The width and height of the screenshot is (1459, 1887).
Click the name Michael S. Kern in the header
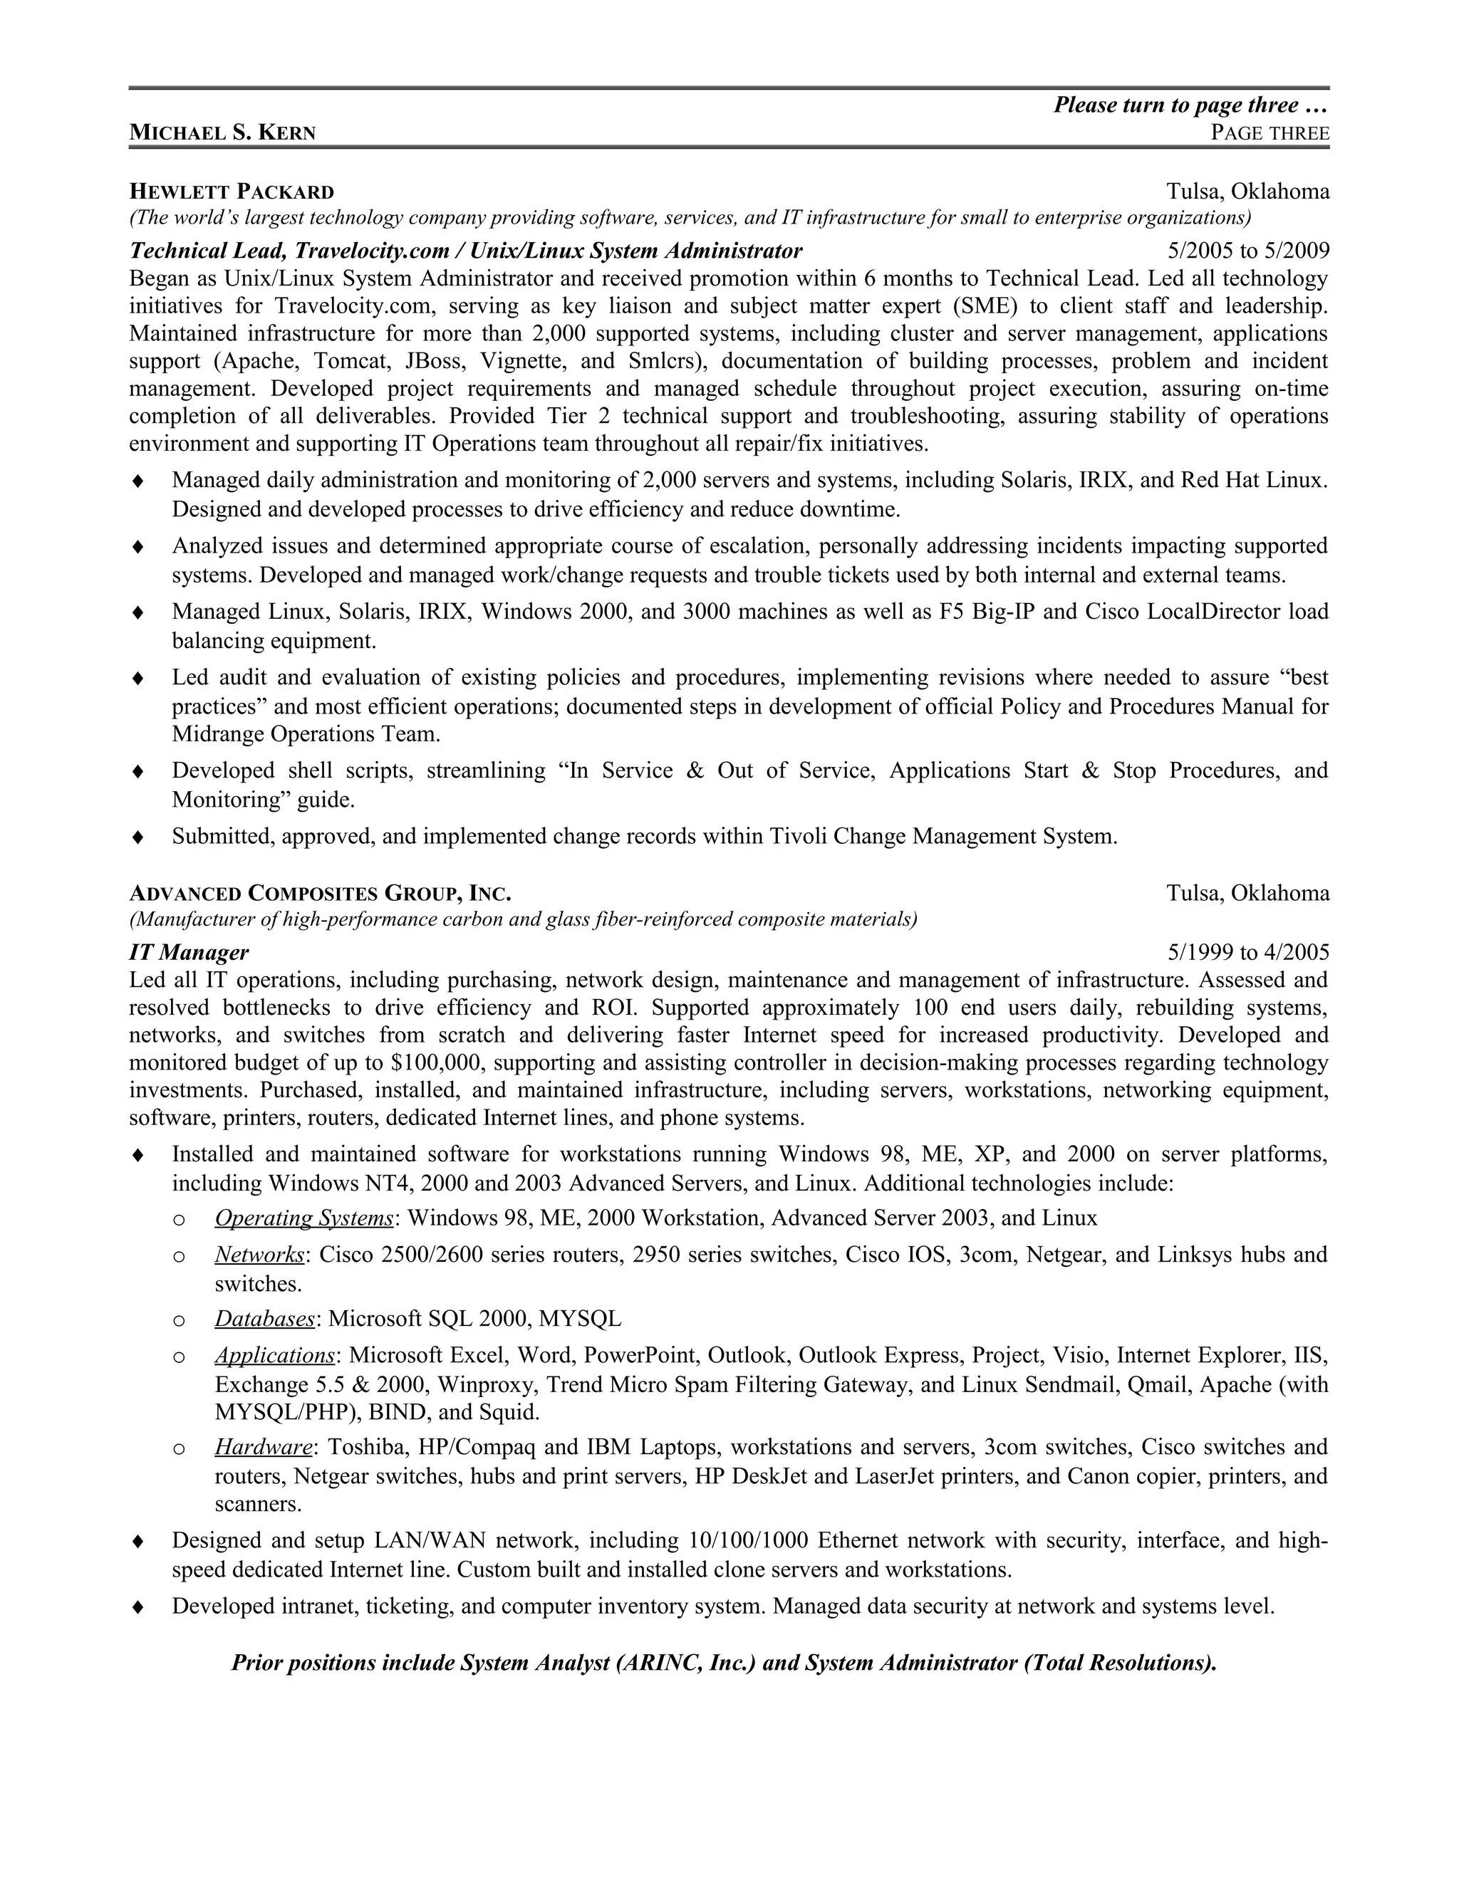pos(222,132)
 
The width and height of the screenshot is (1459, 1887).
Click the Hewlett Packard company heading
pos(232,191)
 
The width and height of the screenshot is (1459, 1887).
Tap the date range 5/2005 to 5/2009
pos(1248,251)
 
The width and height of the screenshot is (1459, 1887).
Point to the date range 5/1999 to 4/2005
pos(1248,952)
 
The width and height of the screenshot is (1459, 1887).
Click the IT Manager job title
pos(188,952)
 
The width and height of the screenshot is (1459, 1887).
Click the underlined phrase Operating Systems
pos(304,1218)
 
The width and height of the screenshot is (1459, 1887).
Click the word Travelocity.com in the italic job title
pos(372,251)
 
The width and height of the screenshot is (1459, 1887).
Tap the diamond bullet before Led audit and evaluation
pos(137,678)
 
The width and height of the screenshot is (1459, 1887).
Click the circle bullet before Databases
pos(179,1320)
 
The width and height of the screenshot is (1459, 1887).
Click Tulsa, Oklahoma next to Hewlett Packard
pos(1247,191)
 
